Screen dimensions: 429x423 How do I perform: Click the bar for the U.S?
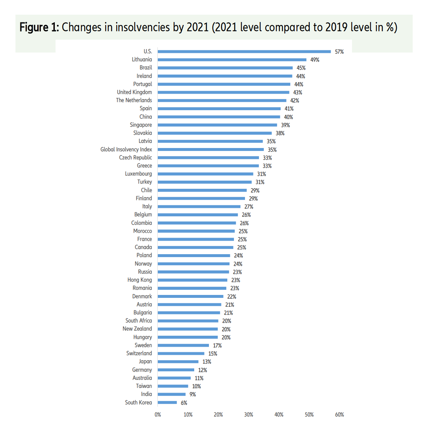click(244, 52)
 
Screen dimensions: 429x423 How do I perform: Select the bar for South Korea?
click(167, 403)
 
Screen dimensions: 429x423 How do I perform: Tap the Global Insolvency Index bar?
click(211, 149)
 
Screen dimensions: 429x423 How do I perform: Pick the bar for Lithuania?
click(232, 60)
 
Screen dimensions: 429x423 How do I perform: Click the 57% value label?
click(339, 52)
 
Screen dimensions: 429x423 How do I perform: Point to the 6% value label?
click(184, 403)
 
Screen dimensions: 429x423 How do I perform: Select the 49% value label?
click(315, 60)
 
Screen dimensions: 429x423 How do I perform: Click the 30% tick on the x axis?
click(249, 415)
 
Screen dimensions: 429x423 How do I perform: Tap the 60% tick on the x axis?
click(340, 415)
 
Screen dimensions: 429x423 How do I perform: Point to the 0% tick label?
click(158, 415)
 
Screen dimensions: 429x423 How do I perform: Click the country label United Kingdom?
click(134, 92)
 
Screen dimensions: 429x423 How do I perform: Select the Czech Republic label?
click(135, 158)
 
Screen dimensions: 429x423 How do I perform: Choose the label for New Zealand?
click(137, 329)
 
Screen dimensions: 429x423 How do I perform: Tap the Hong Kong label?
click(139, 280)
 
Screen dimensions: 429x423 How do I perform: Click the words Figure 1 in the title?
click(39, 28)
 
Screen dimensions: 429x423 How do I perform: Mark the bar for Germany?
click(176, 370)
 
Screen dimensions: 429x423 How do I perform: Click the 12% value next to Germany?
click(203, 370)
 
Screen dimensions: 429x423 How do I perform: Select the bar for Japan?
click(178, 362)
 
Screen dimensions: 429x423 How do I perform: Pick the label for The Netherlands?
click(134, 100)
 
